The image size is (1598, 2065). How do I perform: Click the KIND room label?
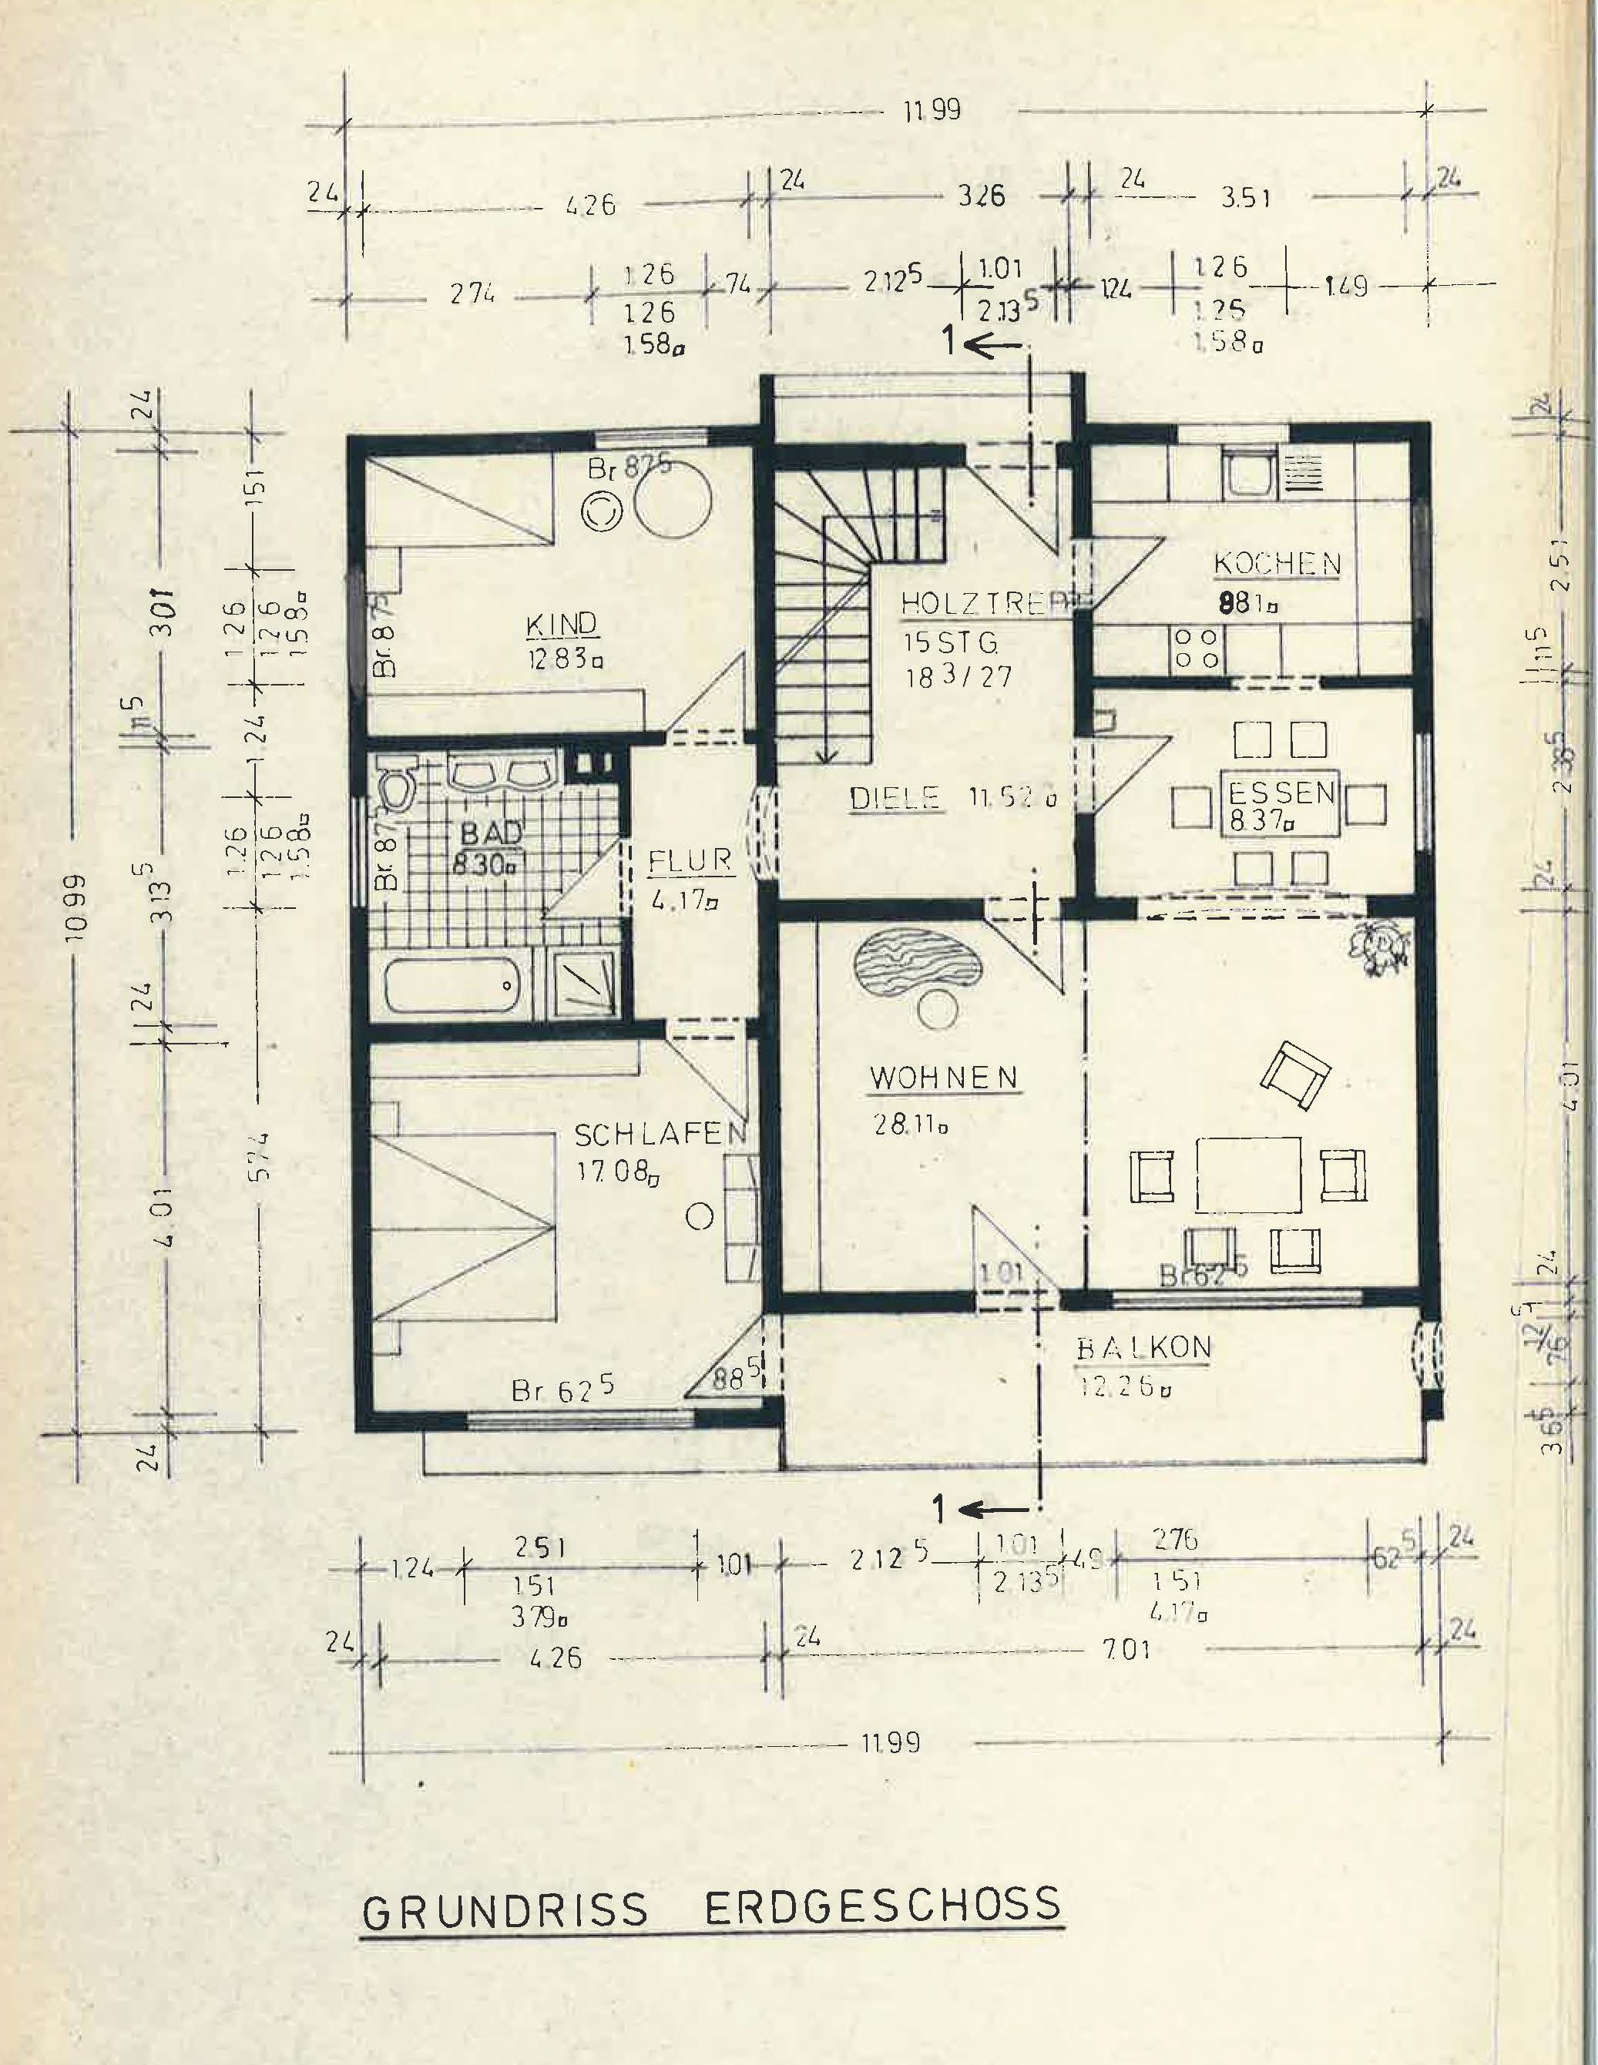click(x=562, y=625)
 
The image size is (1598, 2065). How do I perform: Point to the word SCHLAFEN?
click(x=661, y=1134)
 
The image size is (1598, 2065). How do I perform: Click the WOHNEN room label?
click(x=943, y=1077)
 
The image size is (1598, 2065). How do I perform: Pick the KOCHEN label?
click(x=1277, y=564)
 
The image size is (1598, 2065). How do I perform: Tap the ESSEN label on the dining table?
click(x=1281, y=793)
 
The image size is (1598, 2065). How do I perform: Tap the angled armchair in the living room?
click(x=1294, y=1076)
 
